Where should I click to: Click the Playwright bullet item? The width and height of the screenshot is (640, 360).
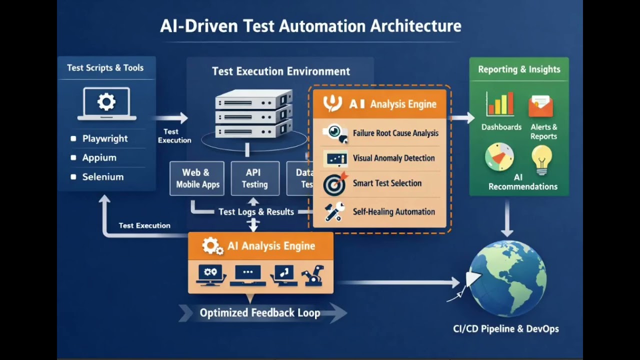104,139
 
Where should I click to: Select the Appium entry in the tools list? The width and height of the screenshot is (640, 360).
99,158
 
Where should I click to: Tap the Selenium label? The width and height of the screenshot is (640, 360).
102,177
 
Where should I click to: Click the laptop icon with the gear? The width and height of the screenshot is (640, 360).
106,103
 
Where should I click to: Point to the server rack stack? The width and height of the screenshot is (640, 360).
253,114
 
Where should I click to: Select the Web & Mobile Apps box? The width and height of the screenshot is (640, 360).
197,178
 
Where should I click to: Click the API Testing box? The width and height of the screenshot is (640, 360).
254,178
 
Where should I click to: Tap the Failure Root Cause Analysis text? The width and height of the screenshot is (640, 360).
395,133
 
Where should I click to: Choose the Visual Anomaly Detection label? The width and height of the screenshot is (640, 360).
393,158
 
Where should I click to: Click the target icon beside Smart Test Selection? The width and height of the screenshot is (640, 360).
334,183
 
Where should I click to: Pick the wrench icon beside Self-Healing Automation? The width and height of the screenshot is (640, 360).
334,211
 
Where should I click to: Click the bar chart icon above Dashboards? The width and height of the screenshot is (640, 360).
500,104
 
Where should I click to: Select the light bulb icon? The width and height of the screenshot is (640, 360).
542,159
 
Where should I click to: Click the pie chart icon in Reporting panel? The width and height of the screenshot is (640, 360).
499,157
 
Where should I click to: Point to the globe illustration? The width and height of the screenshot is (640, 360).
507,278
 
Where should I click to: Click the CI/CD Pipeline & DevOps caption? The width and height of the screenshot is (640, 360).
505,329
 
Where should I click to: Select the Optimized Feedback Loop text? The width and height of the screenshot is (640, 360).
259,313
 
